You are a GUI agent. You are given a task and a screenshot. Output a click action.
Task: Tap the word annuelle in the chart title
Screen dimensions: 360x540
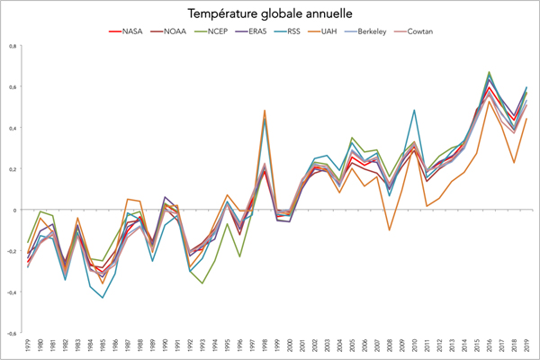pyautogui.click(x=326, y=14)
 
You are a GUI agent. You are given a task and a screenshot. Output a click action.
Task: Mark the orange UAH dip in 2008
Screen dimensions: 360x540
pyautogui.click(x=389, y=230)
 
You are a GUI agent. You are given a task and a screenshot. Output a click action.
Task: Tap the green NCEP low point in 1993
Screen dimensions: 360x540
pyautogui.click(x=202, y=283)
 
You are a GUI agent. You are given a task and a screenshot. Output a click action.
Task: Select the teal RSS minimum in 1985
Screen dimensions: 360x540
pyautogui.click(x=103, y=298)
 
